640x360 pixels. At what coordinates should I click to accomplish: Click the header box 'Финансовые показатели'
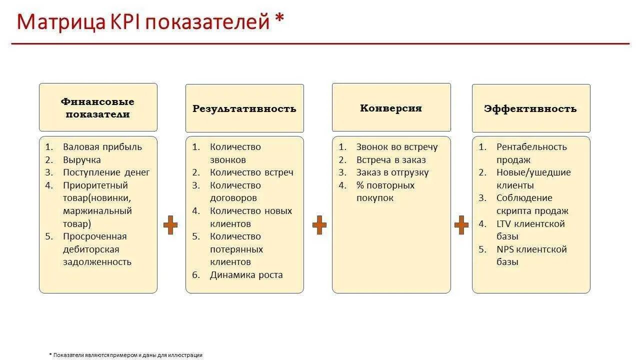click(x=98, y=107)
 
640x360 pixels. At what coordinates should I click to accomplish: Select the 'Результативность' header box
click(x=244, y=108)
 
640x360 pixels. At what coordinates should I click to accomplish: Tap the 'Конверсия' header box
click(x=391, y=107)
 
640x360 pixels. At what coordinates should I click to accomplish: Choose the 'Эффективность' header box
click(x=530, y=108)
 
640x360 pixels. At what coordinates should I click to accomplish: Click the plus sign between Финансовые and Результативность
click(x=170, y=225)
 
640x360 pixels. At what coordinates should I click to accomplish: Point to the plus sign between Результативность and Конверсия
click(x=319, y=225)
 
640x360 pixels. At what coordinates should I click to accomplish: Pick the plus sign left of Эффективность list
click(x=461, y=225)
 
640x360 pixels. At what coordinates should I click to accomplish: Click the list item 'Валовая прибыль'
click(x=102, y=147)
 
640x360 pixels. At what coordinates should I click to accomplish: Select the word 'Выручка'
click(x=82, y=160)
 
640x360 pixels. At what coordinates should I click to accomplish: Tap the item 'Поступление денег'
click(x=106, y=172)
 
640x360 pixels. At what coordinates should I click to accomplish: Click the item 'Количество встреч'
click(x=251, y=172)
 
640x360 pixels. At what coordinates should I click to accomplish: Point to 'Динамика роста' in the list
click(x=246, y=274)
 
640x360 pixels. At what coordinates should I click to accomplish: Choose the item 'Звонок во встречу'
click(x=397, y=147)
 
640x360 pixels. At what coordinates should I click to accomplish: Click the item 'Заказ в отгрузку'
click(x=392, y=172)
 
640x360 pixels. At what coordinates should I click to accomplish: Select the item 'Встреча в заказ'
click(x=391, y=160)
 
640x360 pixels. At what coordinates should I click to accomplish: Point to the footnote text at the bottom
click(x=126, y=355)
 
